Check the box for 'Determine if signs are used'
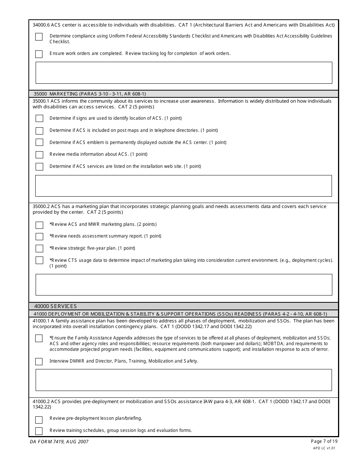(x=39, y=119)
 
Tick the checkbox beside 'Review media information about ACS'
(x=39, y=155)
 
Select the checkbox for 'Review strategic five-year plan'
(x=39, y=249)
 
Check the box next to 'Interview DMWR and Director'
(x=39, y=361)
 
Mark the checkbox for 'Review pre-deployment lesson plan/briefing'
(x=39, y=420)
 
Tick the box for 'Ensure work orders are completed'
(x=39, y=54)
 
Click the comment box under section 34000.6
(x=184, y=73)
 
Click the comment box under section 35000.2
(x=184, y=285)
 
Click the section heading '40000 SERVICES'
(x=55, y=306)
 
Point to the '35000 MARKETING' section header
(x=89, y=94)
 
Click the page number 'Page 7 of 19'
(x=324, y=441)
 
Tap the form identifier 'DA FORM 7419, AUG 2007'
(x=59, y=442)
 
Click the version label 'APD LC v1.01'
(x=324, y=448)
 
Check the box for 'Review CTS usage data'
(x=39, y=261)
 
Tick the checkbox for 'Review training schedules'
(x=39, y=431)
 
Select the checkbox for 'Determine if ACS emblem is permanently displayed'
(x=39, y=142)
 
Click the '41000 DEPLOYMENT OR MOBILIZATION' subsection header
(x=180, y=314)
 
